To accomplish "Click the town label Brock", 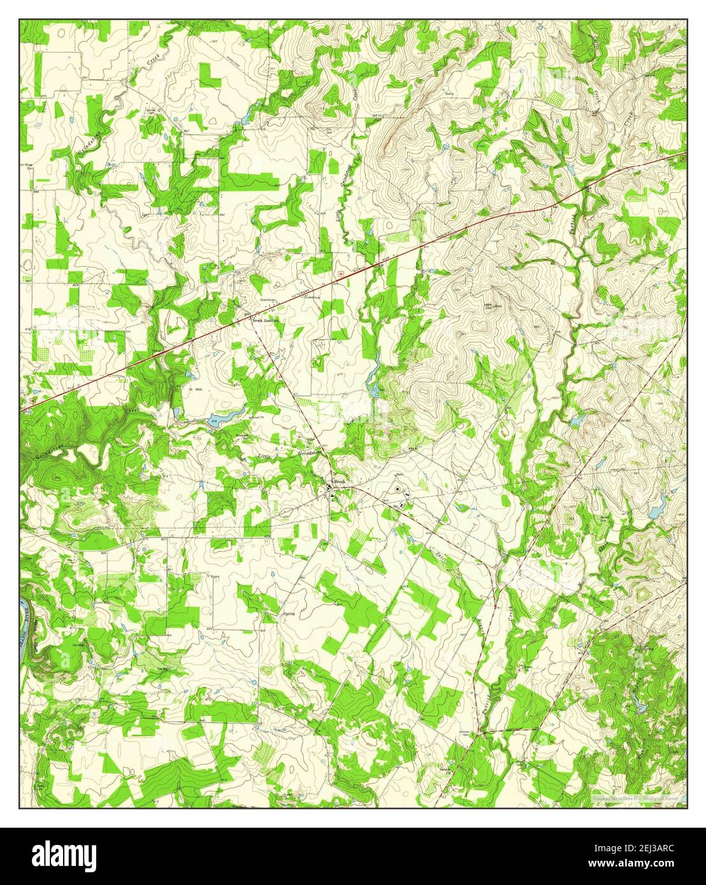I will (x=339, y=482).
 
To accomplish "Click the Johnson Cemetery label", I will (x=466, y=733).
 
